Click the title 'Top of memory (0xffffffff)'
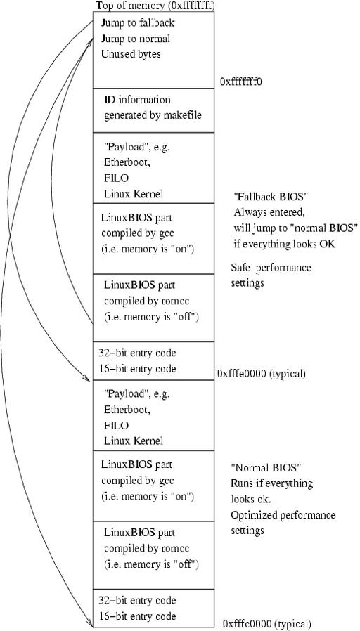click(155, 6)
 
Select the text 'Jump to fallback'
click(138, 23)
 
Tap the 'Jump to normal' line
click(135, 39)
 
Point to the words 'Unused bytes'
click(131, 54)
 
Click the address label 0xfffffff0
click(241, 82)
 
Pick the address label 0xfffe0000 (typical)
click(262, 374)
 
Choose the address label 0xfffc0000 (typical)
click(267, 624)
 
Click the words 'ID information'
click(137, 99)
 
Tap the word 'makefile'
click(183, 115)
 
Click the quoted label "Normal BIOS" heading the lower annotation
click(266, 467)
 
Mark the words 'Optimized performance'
click(283, 515)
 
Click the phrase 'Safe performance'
click(271, 268)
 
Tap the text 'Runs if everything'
click(272, 483)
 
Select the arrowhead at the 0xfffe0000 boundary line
click(86, 379)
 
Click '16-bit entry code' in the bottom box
click(137, 616)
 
